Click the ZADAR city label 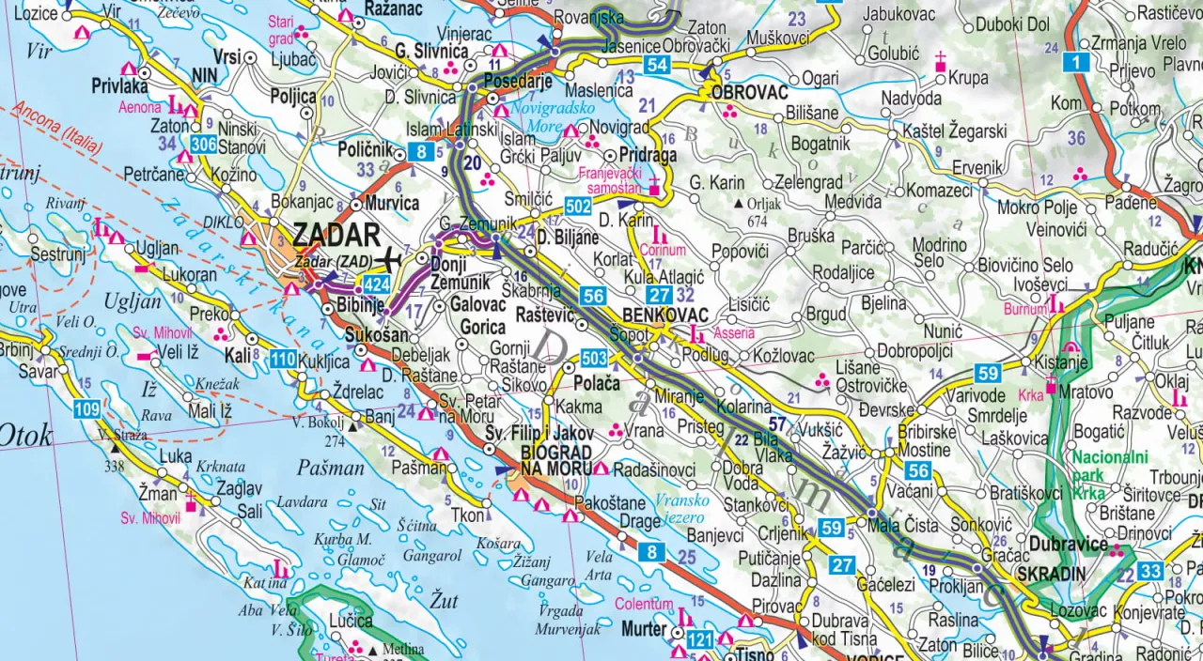pos(336,235)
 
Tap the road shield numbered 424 pos(376,284)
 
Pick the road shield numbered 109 pos(86,408)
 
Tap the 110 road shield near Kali pos(283,358)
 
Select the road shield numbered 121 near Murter pos(700,639)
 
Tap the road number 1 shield pos(1077,63)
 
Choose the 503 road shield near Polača pos(594,358)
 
